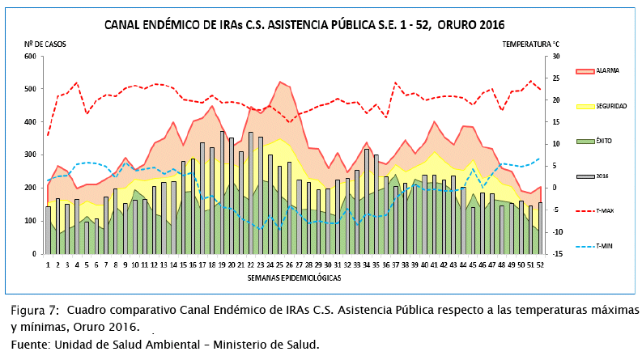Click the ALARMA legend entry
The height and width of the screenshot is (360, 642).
(x=607, y=71)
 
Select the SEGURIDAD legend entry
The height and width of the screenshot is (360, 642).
(x=611, y=106)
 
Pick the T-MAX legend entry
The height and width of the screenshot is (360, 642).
(x=604, y=210)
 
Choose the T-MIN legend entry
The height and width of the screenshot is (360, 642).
(x=604, y=245)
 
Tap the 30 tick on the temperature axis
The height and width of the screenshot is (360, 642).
(x=555, y=57)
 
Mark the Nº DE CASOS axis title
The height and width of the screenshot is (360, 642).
(x=45, y=42)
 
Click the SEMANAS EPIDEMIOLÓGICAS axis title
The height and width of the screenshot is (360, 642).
(x=293, y=277)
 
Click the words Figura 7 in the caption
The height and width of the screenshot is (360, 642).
(x=35, y=311)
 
